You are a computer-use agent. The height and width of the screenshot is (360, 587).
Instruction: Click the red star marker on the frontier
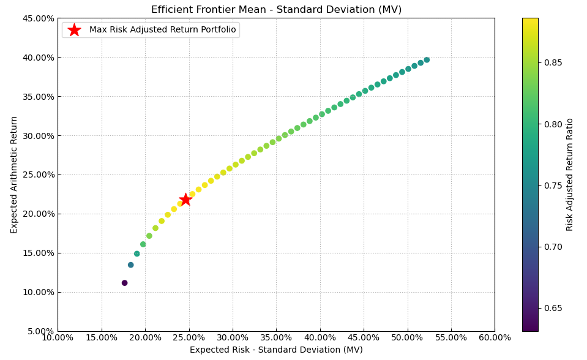click(185, 200)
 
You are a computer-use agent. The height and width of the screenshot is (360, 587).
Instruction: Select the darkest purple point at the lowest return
click(124, 283)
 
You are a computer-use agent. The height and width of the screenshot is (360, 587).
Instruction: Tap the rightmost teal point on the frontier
click(427, 60)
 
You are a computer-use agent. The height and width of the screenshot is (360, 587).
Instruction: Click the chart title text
click(276, 10)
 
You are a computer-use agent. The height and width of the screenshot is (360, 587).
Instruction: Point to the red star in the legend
click(74, 30)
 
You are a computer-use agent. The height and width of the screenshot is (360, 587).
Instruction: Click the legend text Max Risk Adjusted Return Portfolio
click(162, 30)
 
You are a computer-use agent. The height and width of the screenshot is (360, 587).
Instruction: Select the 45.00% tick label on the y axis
click(38, 18)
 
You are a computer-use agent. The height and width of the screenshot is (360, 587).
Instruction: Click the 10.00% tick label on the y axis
click(38, 292)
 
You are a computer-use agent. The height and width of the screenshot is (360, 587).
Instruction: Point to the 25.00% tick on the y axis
click(38, 174)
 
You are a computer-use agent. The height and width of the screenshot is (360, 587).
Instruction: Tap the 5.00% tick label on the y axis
click(40, 331)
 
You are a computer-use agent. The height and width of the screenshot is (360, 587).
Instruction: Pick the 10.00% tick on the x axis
click(58, 337)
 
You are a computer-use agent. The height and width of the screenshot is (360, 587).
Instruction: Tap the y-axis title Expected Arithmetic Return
click(14, 174)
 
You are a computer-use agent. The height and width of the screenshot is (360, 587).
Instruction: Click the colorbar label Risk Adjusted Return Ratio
click(570, 174)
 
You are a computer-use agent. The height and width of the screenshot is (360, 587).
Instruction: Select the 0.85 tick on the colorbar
click(553, 62)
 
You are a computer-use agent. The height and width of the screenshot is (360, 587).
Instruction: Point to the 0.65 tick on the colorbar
click(553, 308)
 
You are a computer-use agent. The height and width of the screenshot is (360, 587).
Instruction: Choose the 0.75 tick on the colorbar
click(553, 186)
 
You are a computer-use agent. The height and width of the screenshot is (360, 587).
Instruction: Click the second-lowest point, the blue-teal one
click(130, 265)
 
